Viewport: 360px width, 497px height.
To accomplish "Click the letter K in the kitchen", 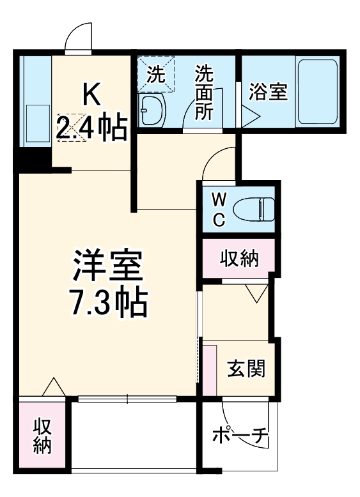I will click(x=91, y=95).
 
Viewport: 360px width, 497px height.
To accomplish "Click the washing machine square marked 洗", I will click(x=157, y=73).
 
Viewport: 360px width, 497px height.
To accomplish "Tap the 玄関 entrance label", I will click(x=246, y=369).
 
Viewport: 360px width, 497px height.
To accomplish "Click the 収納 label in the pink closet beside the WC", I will click(x=239, y=259).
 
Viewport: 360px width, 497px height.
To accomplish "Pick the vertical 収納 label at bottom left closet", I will click(x=42, y=436).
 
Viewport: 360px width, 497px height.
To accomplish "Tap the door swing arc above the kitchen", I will click(x=79, y=36).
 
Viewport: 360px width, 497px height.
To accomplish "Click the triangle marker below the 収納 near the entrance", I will click(x=256, y=294).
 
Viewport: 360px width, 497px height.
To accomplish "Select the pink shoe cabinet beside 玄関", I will click(x=210, y=370).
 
